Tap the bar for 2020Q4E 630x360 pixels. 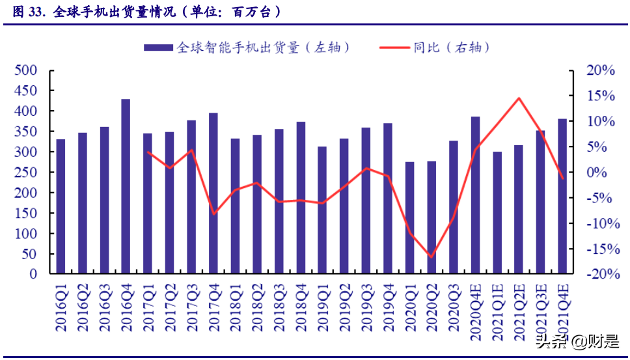tap(475, 195)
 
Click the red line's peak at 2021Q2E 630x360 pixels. tap(519, 98)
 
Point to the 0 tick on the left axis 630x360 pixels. tap(33, 274)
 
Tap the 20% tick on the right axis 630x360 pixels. tap(600, 70)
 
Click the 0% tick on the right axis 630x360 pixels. tap(603, 173)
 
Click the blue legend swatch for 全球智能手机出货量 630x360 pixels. tap(158, 48)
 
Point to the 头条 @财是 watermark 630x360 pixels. tap(576, 340)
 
